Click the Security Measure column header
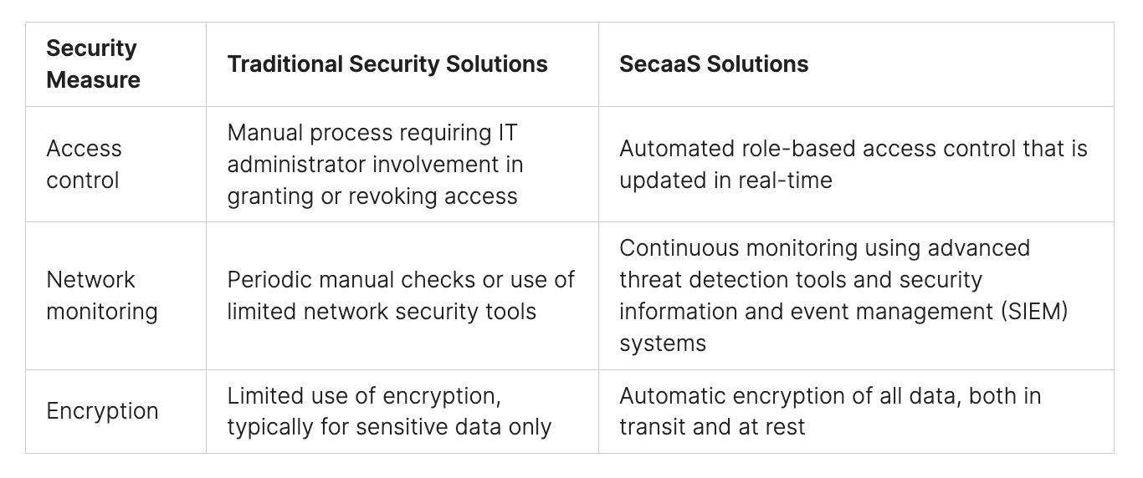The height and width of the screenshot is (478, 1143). (x=93, y=64)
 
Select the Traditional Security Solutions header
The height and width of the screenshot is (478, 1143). (x=387, y=64)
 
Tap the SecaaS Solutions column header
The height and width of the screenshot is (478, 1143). (x=714, y=64)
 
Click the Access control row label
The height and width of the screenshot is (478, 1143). (x=84, y=164)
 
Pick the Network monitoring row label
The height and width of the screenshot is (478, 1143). (x=102, y=296)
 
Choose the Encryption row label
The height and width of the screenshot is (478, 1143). (x=102, y=411)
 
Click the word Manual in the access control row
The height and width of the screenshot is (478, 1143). (x=264, y=133)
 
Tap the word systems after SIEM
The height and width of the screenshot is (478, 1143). (x=663, y=343)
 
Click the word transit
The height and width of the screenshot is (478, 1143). (x=652, y=427)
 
